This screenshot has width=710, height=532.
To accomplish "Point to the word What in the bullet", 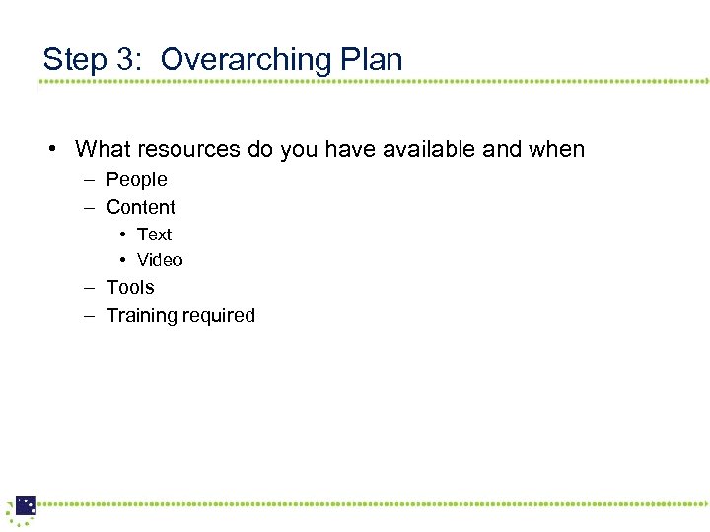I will [x=103, y=150].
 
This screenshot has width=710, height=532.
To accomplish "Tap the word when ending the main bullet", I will [x=557, y=150].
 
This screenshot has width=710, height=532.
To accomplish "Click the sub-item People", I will [x=136, y=180].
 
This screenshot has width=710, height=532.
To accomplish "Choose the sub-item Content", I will [x=140, y=208].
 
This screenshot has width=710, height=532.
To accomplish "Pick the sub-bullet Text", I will [x=154, y=234].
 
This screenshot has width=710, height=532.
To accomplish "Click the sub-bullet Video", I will [x=160, y=260].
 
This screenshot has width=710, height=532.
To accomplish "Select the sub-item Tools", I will [x=130, y=288].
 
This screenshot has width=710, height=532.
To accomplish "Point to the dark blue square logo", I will [x=26, y=505].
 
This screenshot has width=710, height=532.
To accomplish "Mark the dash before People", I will [x=88, y=180].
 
